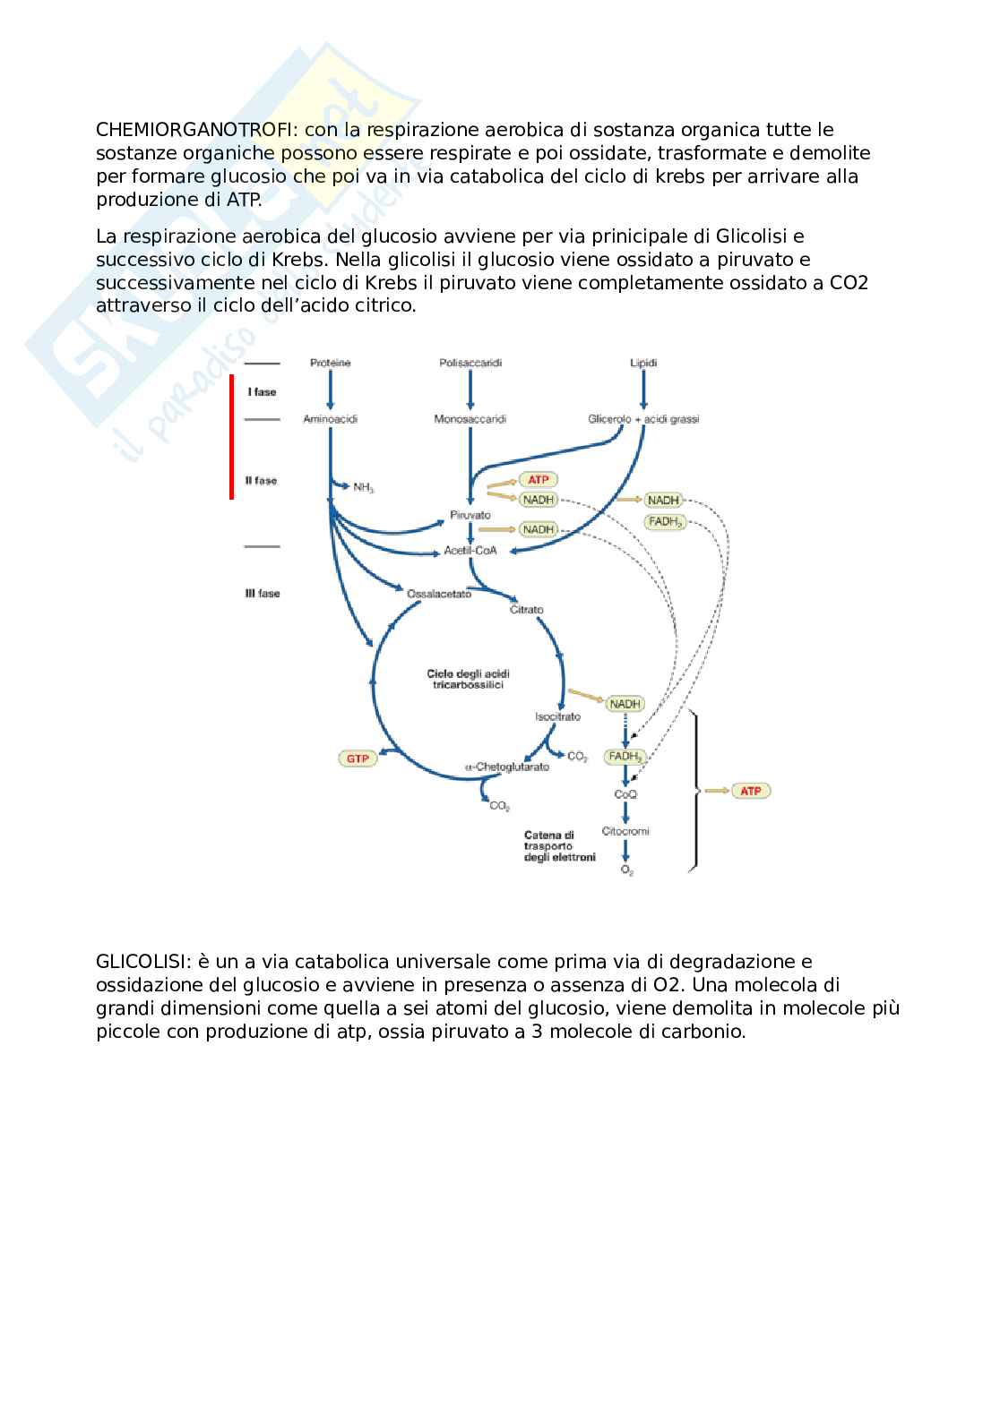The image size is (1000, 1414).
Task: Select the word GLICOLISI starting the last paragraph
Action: (x=141, y=962)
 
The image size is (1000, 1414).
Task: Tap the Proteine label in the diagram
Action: (x=330, y=363)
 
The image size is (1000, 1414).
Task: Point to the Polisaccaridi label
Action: (x=470, y=363)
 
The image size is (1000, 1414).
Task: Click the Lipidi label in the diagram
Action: (x=643, y=363)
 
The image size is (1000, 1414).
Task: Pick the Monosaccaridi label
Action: (x=470, y=419)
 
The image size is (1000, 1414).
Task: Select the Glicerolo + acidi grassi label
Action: (x=643, y=419)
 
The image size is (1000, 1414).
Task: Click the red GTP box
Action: (x=358, y=758)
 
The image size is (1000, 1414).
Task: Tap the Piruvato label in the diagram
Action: (x=470, y=516)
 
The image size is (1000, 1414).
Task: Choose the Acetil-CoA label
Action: (x=470, y=551)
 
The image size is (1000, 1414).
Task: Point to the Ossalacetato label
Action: (x=438, y=594)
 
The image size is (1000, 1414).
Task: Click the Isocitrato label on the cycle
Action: (x=557, y=716)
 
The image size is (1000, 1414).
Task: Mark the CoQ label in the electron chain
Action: (x=625, y=794)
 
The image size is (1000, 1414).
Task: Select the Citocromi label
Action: (x=625, y=831)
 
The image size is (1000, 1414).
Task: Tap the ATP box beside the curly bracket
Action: (x=751, y=791)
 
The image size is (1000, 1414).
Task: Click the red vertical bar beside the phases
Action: (x=231, y=436)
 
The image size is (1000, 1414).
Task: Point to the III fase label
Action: (x=263, y=594)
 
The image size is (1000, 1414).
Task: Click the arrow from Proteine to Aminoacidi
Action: (x=330, y=390)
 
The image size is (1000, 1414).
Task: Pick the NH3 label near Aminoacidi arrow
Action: (x=364, y=488)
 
